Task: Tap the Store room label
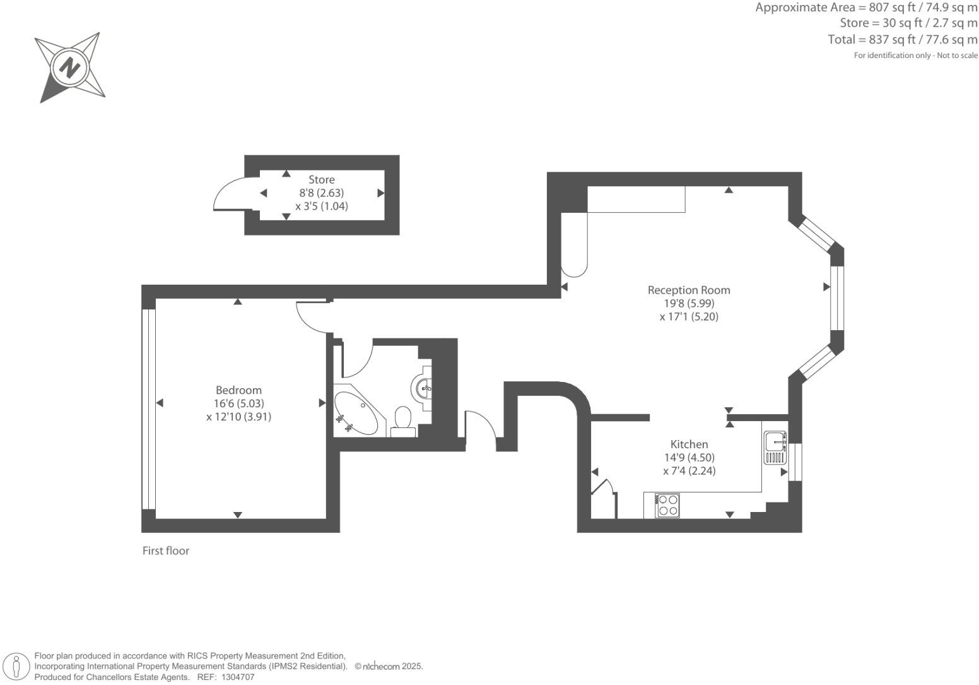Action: tap(321, 180)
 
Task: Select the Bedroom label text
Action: tap(238, 390)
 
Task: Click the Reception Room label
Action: tap(689, 290)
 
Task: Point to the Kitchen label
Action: tap(689, 444)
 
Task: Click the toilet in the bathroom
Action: tap(402, 420)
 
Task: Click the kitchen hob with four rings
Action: tap(667, 506)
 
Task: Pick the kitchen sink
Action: tap(775, 448)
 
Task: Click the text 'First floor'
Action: tap(166, 551)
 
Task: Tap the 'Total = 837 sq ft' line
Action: tap(902, 40)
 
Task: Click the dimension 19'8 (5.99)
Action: tap(689, 304)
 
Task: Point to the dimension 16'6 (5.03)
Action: tap(238, 403)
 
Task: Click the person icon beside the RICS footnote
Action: tap(17, 667)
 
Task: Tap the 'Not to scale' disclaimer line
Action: tap(915, 56)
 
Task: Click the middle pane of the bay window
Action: tap(836, 298)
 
